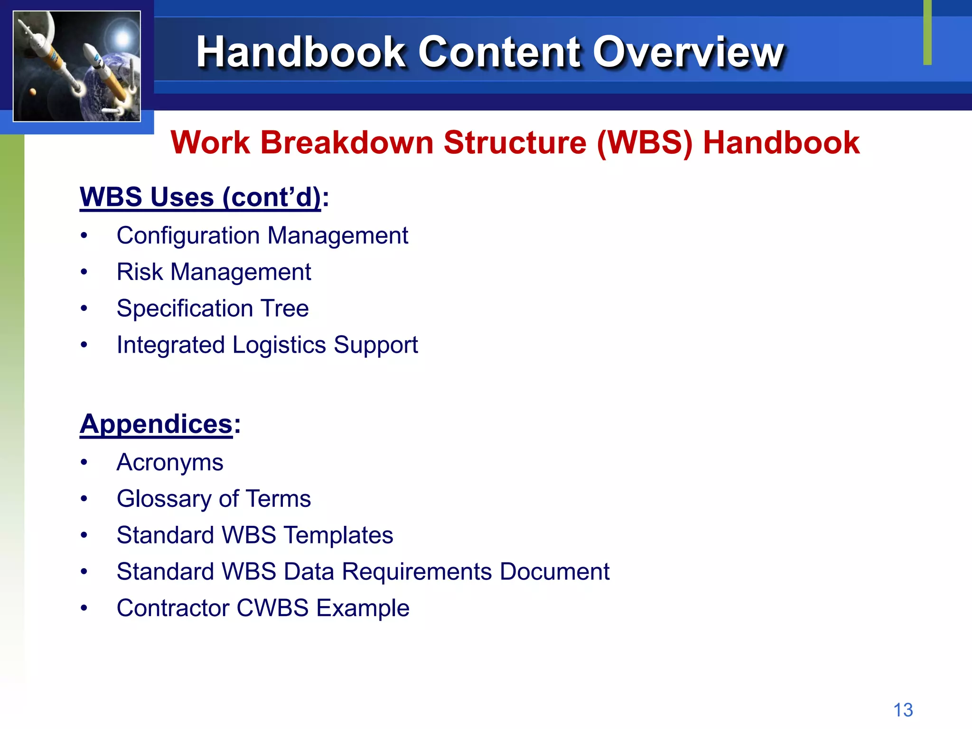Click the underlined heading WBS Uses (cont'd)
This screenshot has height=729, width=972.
(200, 197)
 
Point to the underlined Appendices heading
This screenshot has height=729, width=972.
(156, 424)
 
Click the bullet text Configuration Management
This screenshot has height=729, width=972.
(262, 236)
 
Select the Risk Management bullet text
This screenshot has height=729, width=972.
(214, 272)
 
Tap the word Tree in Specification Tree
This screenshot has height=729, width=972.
(285, 308)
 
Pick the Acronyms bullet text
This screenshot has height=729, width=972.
(170, 463)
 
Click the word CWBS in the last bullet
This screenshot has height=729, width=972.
(272, 608)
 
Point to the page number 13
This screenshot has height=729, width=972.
(903, 710)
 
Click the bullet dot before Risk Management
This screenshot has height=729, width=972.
(84, 272)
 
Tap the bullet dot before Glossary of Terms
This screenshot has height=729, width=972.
(84, 499)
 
